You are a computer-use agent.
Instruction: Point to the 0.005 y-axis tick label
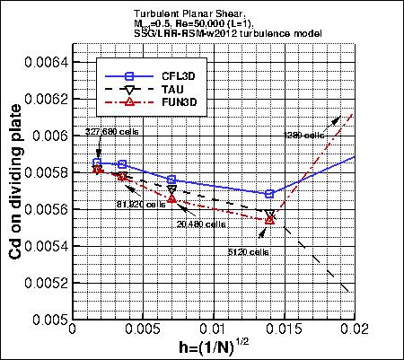[45, 320]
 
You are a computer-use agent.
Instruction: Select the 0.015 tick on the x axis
[284, 330]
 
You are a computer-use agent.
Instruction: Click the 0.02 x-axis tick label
[353, 330]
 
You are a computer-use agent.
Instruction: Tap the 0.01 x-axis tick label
[213, 330]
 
